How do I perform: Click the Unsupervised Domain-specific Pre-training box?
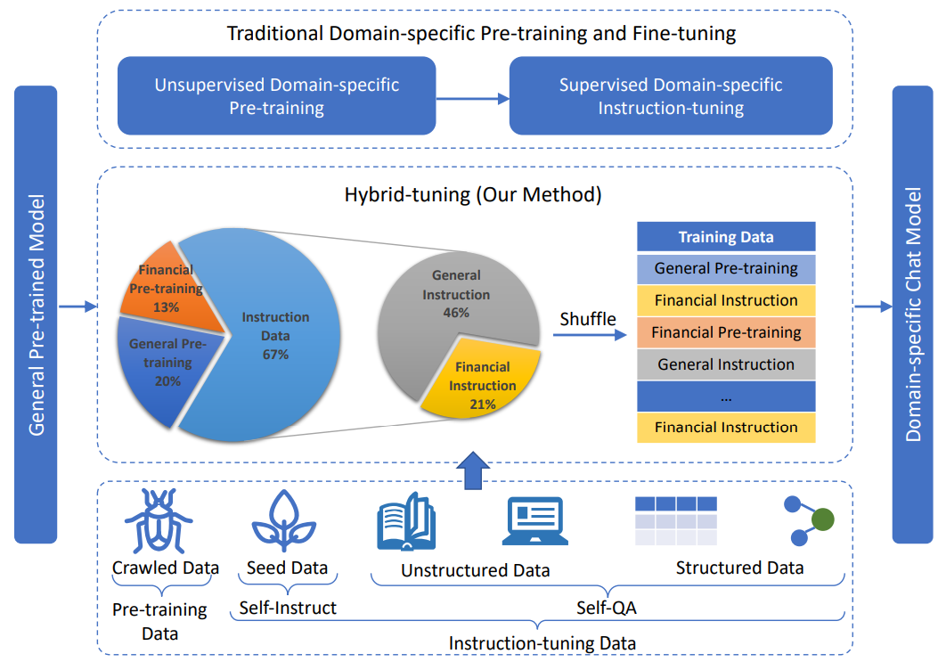276,95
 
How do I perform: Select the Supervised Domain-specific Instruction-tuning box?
671,95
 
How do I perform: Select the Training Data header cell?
726,237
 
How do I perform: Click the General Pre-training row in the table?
726,269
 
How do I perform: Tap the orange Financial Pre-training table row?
726,332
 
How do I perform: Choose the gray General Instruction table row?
726,364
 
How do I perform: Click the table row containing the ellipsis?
726,396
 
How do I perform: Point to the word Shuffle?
587,319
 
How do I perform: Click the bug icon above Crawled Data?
159,520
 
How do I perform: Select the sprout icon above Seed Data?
284,520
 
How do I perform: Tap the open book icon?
406,521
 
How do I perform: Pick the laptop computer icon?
535,520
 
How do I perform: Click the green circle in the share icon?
823,519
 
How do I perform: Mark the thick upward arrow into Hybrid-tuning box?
473,470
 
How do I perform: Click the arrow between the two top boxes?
473,99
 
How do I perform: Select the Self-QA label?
606,609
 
